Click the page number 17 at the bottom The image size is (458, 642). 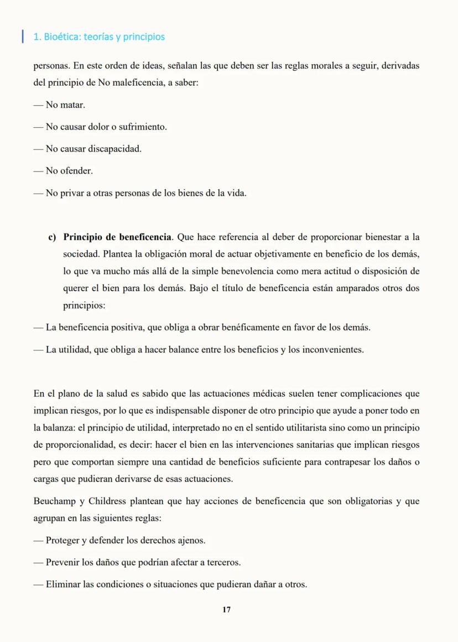pos(226,609)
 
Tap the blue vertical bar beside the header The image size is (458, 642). pos(22,37)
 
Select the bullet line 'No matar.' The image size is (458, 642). pos(59,105)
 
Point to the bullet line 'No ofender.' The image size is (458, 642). pos(63,171)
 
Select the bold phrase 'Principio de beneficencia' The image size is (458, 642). pos(117,237)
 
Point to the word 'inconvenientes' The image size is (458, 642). pos(333,350)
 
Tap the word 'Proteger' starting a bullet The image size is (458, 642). pos(63,540)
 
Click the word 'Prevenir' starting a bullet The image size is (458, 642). pos(63,562)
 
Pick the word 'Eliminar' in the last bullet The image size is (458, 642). pos(63,584)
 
